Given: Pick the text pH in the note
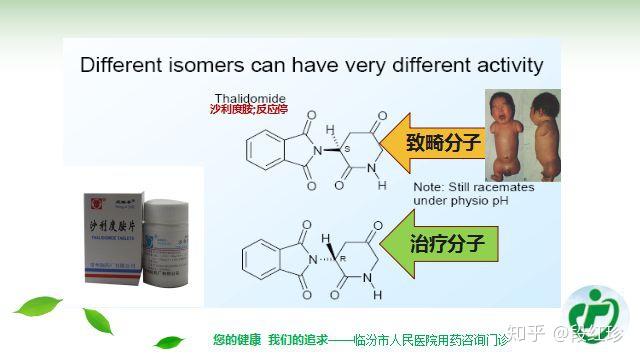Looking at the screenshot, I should click(519, 200).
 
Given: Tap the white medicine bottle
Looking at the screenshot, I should click(167, 239).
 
